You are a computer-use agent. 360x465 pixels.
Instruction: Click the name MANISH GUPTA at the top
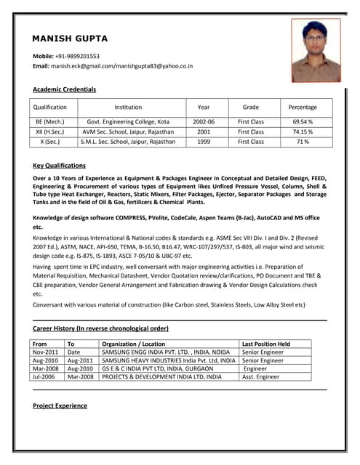[x=70, y=38]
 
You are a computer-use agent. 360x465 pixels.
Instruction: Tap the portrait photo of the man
[x=316, y=50]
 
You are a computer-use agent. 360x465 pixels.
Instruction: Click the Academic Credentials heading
[x=64, y=89]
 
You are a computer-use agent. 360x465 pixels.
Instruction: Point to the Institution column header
[x=128, y=107]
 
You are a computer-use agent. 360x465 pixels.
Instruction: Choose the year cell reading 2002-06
[x=204, y=121]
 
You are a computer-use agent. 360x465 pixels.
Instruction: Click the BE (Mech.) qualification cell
[x=50, y=121]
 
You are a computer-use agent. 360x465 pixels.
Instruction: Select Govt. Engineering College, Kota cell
[x=128, y=121]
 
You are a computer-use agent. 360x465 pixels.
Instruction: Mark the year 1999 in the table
[x=204, y=142]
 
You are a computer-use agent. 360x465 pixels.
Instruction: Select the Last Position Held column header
[x=265, y=344]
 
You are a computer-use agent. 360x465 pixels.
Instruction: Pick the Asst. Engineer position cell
[x=260, y=377]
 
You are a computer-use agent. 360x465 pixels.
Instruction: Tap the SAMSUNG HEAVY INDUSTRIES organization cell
[x=168, y=360]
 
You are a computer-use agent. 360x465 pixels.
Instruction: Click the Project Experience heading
[x=60, y=405]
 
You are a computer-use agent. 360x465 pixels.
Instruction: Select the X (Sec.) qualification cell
[x=50, y=142]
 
